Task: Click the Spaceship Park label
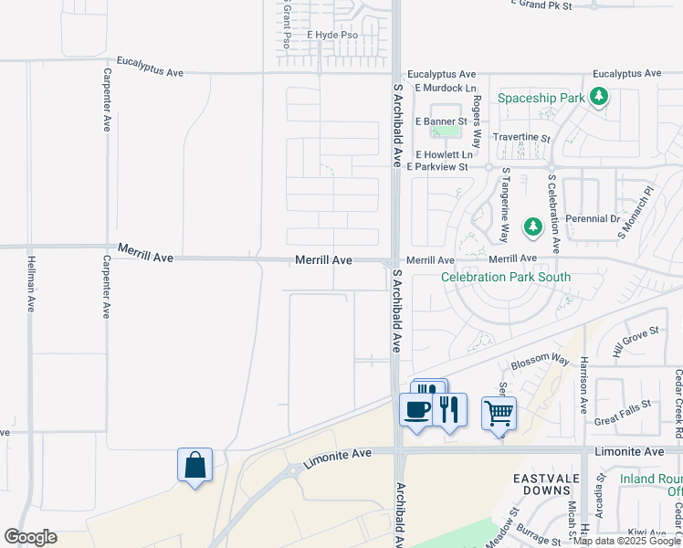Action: point(541,97)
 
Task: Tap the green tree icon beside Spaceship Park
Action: point(598,95)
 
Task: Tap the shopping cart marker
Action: point(499,414)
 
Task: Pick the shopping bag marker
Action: point(195,465)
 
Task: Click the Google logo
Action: point(30,537)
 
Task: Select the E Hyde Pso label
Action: point(331,36)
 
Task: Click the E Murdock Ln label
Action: point(446,89)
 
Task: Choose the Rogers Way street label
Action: point(477,125)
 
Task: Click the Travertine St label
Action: point(521,138)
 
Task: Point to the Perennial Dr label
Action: point(592,219)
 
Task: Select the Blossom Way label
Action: point(540,363)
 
